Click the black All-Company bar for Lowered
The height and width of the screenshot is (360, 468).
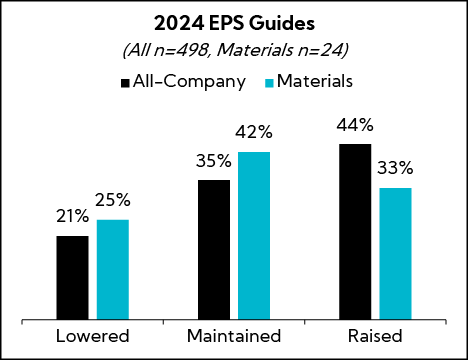point(72,278)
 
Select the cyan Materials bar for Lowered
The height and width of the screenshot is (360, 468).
point(113,270)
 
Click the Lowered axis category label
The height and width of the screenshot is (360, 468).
point(92,335)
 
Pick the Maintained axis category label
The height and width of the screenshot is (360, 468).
point(234,335)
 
